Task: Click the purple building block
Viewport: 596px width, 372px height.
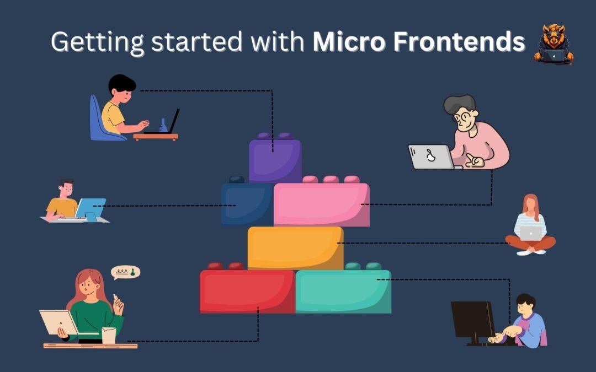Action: pyautogui.click(x=275, y=160)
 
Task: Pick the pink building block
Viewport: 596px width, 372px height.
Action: pyautogui.click(x=322, y=204)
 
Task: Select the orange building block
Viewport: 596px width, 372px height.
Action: pyautogui.click(x=295, y=247)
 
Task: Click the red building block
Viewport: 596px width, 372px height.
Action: pyautogui.click(x=247, y=291)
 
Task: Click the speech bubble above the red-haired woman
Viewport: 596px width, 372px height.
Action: pyautogui.click(x=126, y=272)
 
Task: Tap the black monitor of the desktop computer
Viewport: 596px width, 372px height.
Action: pyautogui.click(x=472, y=320)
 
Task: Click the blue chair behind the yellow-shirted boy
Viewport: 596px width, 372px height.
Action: pyautogui.click(x=99, y=121)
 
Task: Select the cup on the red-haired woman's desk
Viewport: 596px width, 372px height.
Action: pyautogui.click(x=109, y=335)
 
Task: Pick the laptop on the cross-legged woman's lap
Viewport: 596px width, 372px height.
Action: pyautogui.click(x=531, y=233)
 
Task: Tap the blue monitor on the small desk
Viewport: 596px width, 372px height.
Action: pyautogui.click(x=90, y=208)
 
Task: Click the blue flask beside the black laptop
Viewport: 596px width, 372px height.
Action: pyautogui.click(x=163, y=126)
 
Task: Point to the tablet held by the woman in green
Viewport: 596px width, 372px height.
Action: pyautogui.click(x=58, y=322)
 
